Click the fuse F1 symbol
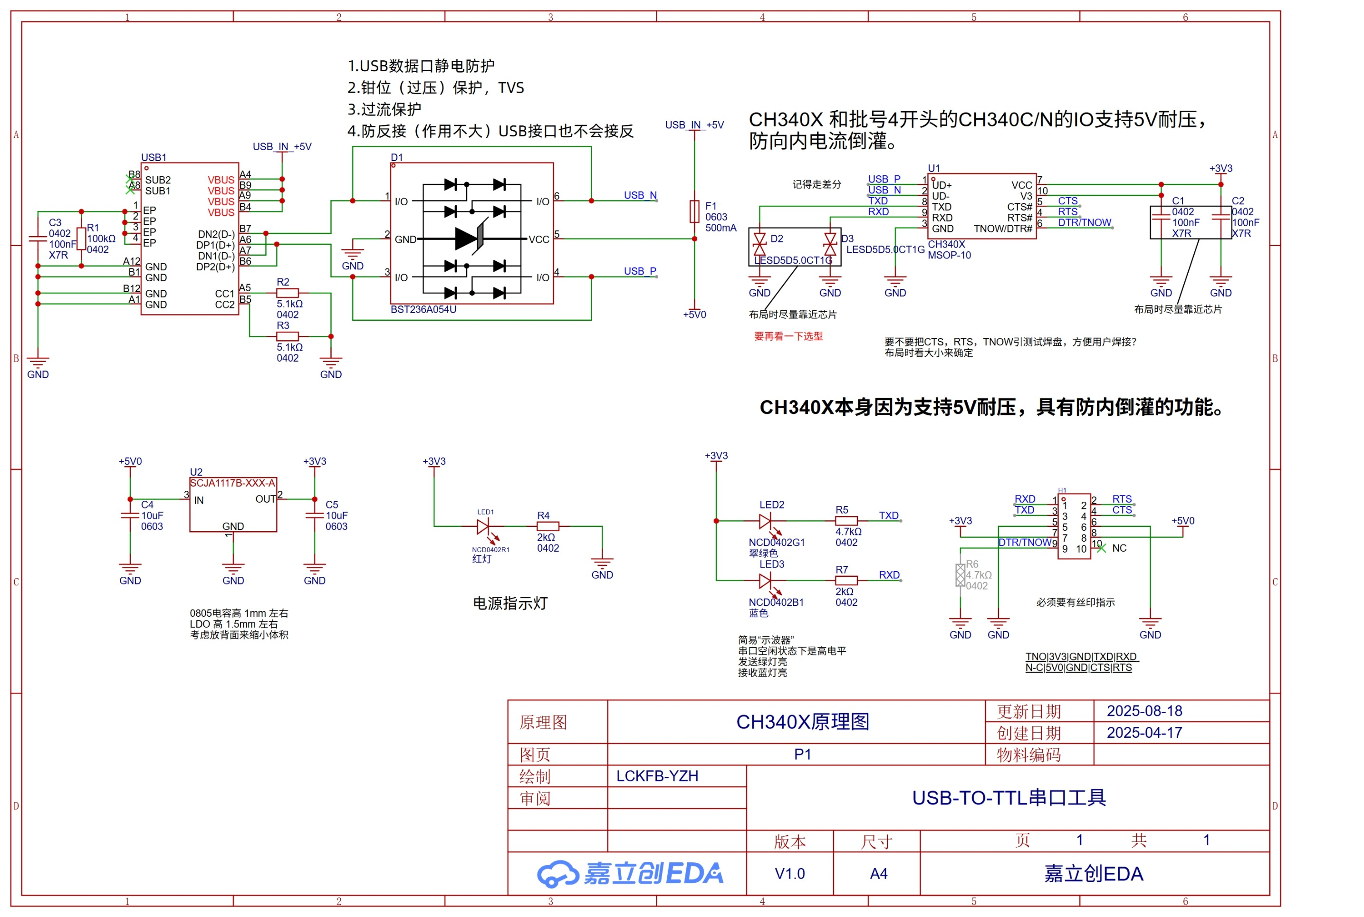[694, 211]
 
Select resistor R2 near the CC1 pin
[287, 293]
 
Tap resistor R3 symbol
[287, 336]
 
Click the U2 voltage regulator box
[233, 505]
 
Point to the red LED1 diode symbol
[483, 527]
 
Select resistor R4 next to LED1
[548, 526]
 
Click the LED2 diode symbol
[765, 520]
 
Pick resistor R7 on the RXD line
[846, 581]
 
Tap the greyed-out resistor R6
[960, 575]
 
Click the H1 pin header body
[1074, 526]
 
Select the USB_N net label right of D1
[640, 195]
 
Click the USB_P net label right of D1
[640, 271]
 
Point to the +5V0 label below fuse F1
[694, 315]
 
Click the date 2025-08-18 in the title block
[1144, 711]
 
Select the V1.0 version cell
[789, 874]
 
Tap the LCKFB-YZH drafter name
[657, 776]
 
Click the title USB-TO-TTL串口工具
[1009, 798]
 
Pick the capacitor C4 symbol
[130, 515]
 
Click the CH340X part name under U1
[946, 245]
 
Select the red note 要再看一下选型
[788, 336]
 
